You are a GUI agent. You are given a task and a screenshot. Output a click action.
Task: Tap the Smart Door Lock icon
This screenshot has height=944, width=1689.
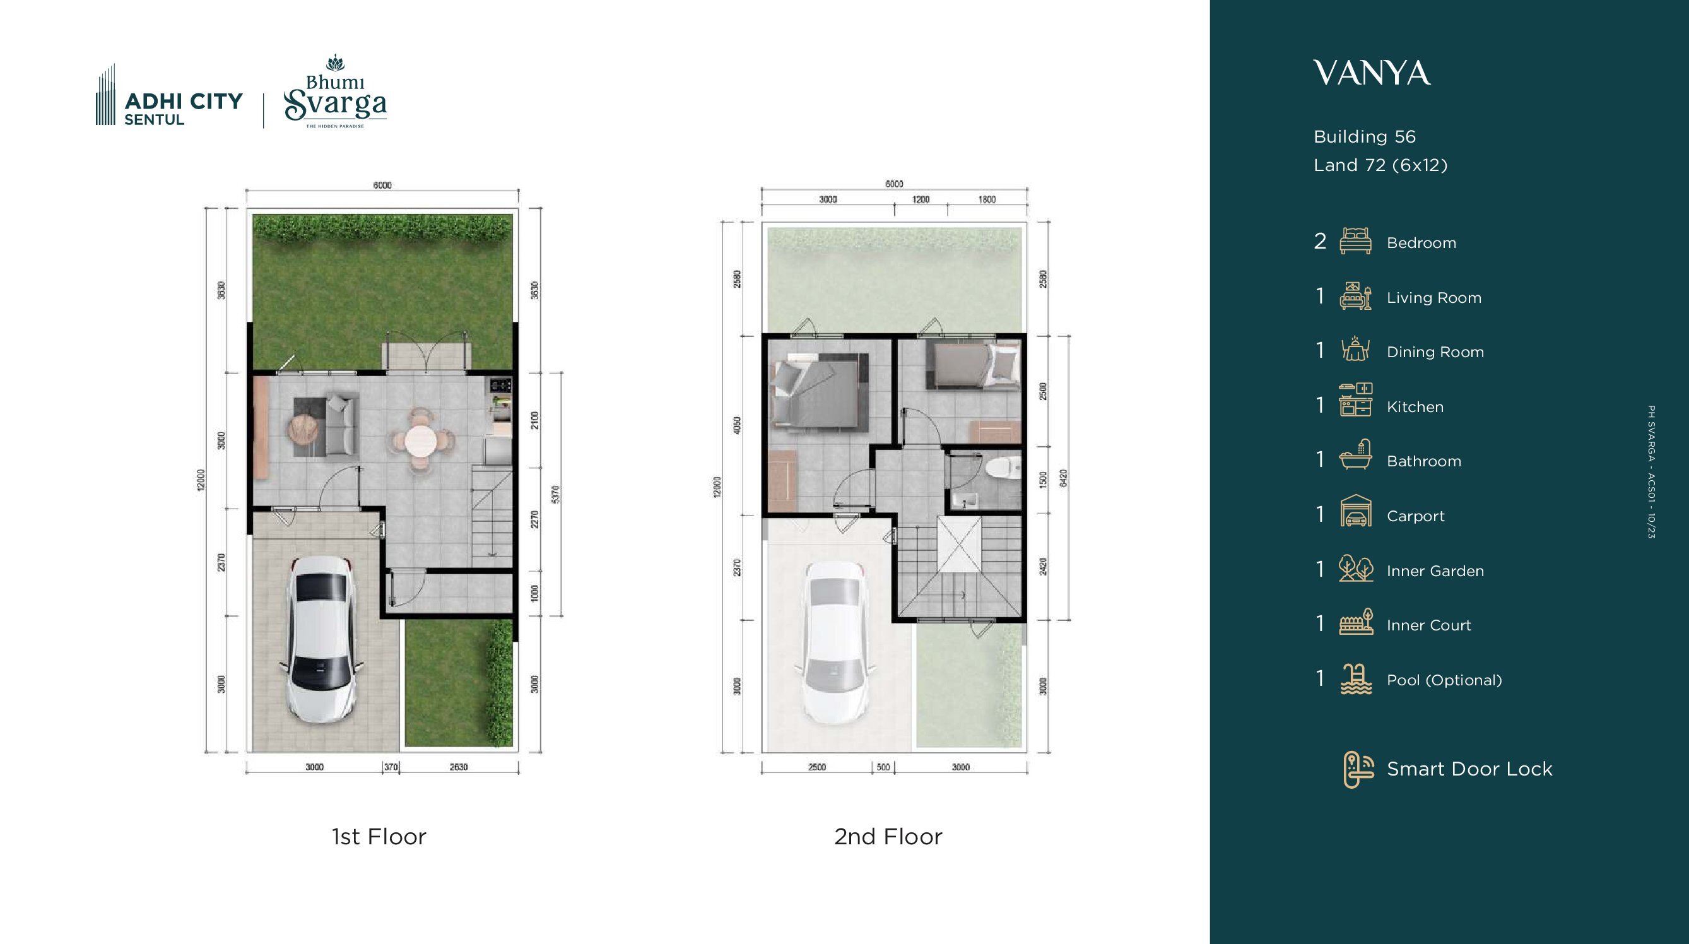point(1358,770)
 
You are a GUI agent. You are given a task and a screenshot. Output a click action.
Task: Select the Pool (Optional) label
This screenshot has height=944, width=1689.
point(1444,680)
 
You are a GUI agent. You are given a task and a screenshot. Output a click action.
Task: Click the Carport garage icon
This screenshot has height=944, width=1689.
point(1355,511)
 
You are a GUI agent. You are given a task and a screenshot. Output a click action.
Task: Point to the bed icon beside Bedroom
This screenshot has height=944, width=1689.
point(1355,240)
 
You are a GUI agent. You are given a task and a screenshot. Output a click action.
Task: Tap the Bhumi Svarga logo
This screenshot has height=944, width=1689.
point(335,91)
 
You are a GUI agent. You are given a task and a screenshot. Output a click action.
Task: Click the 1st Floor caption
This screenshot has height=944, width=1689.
point(379,837)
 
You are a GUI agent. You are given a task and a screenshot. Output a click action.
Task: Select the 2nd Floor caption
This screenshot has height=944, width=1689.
point(888,837)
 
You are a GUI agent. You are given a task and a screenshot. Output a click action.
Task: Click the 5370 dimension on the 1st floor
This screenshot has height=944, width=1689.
point(555,494)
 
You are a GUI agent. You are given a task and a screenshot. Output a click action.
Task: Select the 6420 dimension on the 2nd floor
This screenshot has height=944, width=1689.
point(1064,478)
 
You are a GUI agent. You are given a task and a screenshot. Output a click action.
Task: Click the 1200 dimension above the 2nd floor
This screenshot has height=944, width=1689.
point(921,199)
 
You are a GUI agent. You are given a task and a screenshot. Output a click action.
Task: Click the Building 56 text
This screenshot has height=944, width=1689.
point(1365,137)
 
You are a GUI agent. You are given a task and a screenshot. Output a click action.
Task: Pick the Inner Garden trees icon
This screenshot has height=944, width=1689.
point(1355,568)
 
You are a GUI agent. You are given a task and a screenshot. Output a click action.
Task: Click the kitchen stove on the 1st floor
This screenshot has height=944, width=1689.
point(500,386)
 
